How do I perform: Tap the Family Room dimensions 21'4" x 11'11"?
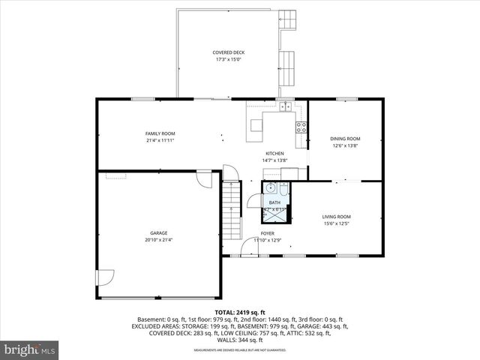160,140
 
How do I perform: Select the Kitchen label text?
274,153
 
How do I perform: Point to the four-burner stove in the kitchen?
301,127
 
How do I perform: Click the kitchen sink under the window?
286,107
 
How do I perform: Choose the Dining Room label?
345,139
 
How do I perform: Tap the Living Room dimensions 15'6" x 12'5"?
337,223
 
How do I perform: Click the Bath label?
274,202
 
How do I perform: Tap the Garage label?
158,233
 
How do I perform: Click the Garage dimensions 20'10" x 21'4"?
158,240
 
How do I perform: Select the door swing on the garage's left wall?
105,276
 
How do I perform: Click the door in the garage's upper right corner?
204,179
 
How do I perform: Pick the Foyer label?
267,234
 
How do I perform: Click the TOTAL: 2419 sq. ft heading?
239,311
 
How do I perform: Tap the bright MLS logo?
29,349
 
